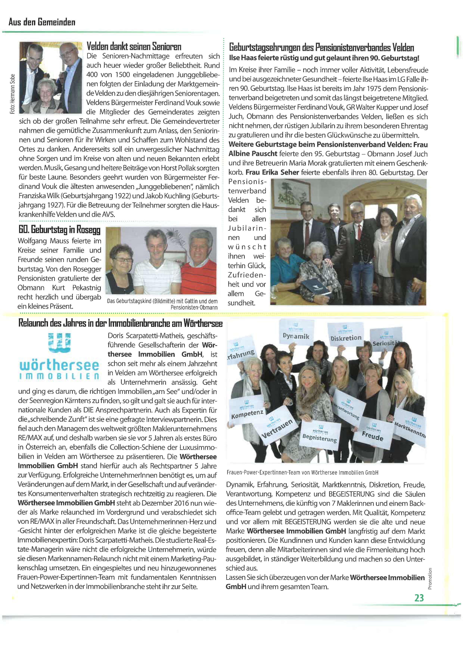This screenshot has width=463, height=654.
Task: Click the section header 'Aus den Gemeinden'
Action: [42, 22]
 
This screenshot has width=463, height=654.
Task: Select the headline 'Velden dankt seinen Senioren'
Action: [134, 46]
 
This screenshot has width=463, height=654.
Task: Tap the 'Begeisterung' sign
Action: [320, 436]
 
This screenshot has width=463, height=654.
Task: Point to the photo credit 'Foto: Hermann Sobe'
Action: [12, 94]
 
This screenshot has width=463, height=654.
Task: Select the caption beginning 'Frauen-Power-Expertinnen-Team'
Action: [302, 472]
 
